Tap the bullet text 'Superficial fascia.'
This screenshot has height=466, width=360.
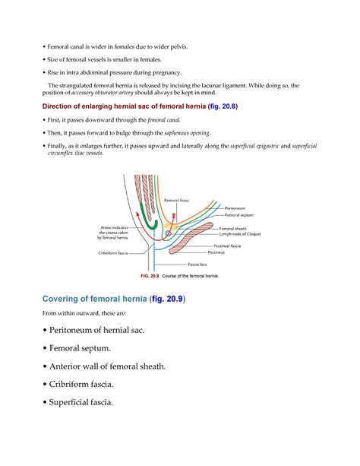pos(76,402)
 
